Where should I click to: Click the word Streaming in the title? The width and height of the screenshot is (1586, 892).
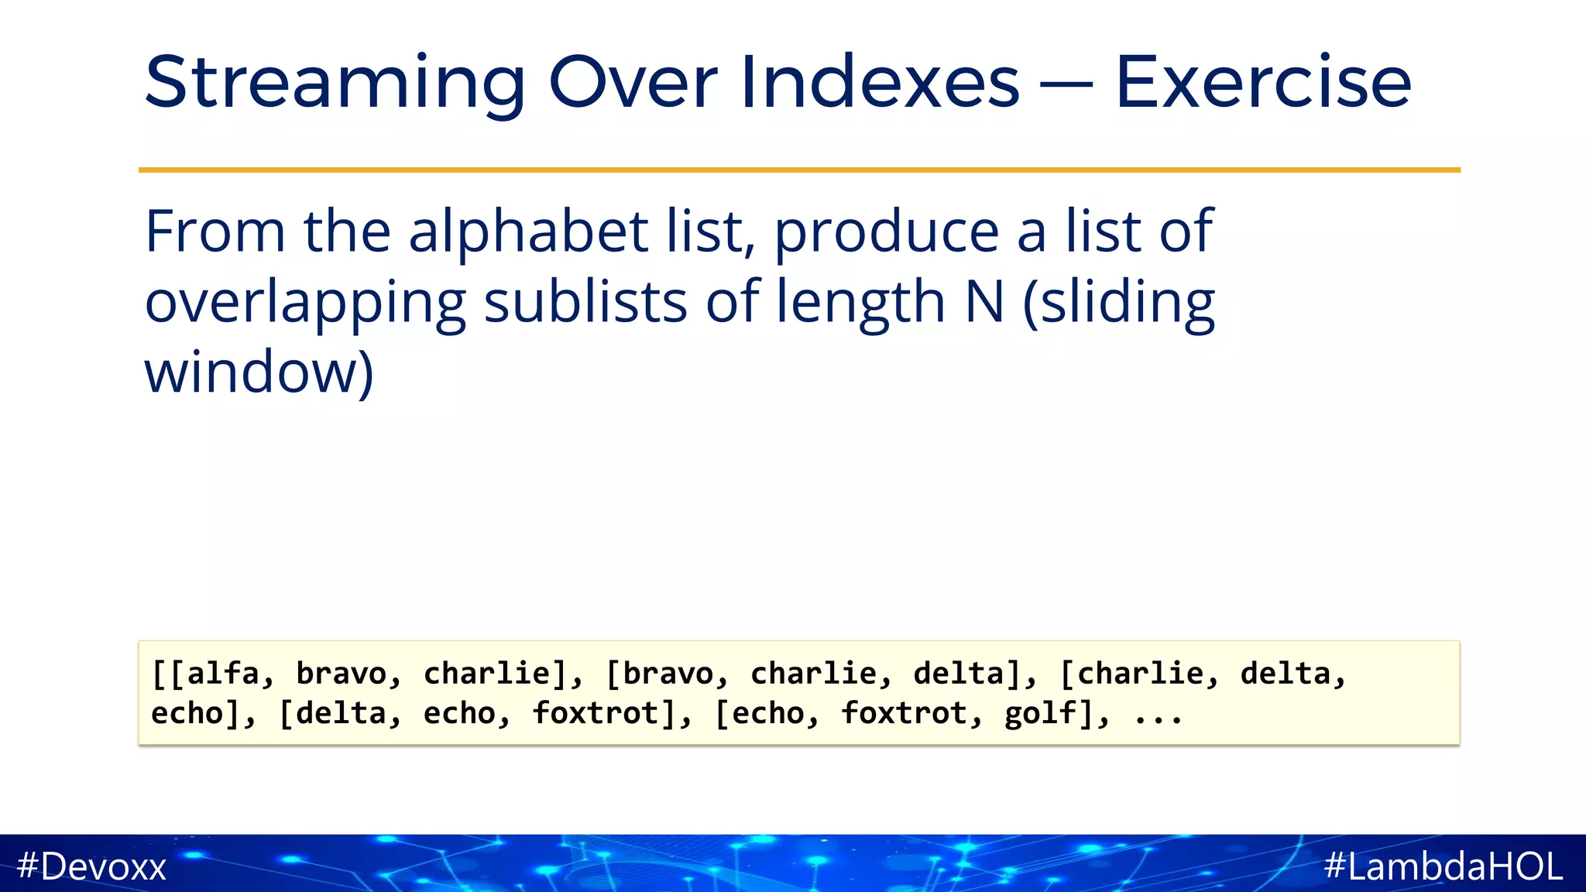[335, 84]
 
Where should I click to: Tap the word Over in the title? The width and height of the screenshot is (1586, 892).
[633, 82]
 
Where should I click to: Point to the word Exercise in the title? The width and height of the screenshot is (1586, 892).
[1263, 82]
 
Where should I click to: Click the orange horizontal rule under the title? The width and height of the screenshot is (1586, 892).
[799, 170]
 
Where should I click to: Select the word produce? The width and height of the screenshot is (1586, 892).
[887, 232]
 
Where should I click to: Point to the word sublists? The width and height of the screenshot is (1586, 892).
[585, 302]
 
